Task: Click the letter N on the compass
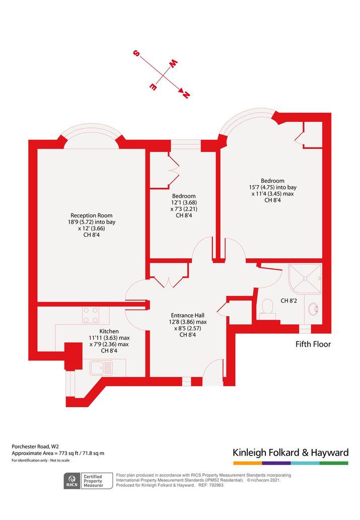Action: pyautogui.click(x=186, y=95)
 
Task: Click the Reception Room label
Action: pyautogui.click(x=91, y=215)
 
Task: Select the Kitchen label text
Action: pyautogui.click(x=109, y=331)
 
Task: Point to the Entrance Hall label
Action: pyautogui.click(x=187, y=316)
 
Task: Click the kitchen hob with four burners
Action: pyautogui.click(x=91, y=315)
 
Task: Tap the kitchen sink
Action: pyautogui.click(x=101, y=367)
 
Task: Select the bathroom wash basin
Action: pyautogui.click(x=313, y=310)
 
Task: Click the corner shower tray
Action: pyautogui.click(x=305, y=278)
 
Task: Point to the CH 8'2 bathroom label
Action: pyautogui.click(x=289, y=301)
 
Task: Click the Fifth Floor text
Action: pyautogui.click(x=313, y=344)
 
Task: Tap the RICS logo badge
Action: pyautogui.click(x=72, y=481)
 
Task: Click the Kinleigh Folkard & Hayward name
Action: pyautogui.click(x=291, y=453)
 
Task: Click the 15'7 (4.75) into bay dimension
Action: pyautogui.click(x=273, y=187)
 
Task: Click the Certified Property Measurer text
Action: pyautogui.click(x=93, y=481)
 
